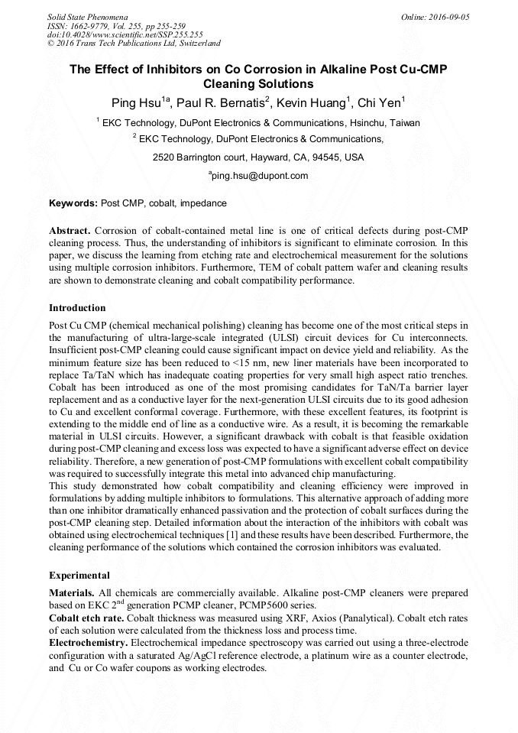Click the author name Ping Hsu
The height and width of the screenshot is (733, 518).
pyautogui.click(x=138, y=102)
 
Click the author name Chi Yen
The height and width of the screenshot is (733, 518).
pyautogui.click(x=379, y=102)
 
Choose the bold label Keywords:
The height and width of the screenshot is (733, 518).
pyautogui.click(x=73, y=203)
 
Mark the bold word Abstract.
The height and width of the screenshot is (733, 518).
pyautogui.click(x=70, y=230)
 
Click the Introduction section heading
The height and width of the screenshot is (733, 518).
pyautogui.click(x=77, y=308)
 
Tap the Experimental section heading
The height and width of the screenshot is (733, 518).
pyautogui.click(x=79, y=575)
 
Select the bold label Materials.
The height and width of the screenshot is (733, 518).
pyautogui.click(x=72, y=593)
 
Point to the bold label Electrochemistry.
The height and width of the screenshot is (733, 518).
pyautogui.click(x=89, y=644)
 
